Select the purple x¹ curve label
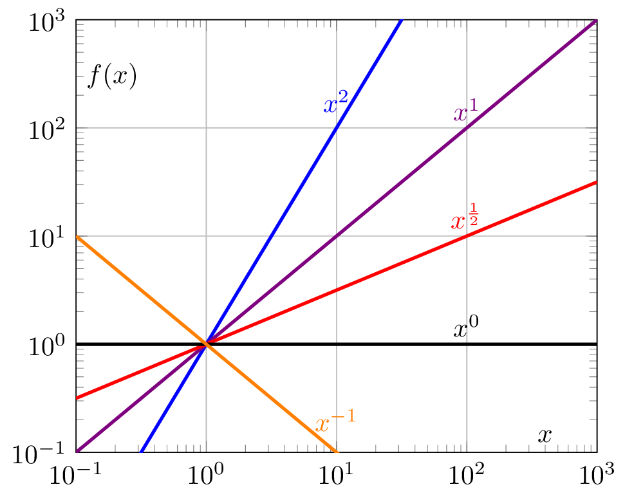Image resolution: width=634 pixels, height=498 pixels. [x=465, y=113]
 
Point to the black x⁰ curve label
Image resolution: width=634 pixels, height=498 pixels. [x=466, y=329]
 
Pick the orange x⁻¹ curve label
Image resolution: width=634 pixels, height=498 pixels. [x=335, y=423]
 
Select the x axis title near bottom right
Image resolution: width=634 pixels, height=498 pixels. [x=545, y=436]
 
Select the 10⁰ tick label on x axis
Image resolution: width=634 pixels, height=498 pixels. [x=206, y=477]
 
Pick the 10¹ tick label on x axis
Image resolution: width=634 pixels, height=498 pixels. [x=336, y=477]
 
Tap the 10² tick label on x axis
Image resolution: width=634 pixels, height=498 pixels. [x=467, y=477]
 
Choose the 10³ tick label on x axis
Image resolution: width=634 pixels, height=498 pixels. [x=597, y=477]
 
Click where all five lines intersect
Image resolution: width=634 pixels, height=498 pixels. [x=206, y=344]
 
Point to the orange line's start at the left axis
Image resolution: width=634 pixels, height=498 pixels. [x=77, y=236]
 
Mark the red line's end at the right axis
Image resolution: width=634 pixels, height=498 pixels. [x=596, y=182]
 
